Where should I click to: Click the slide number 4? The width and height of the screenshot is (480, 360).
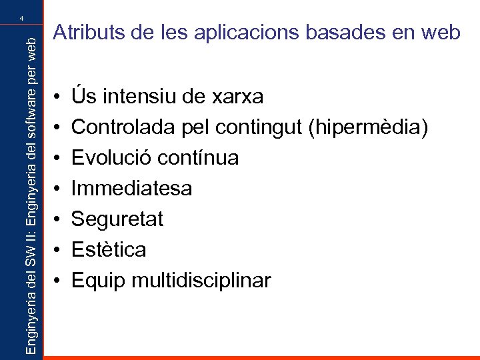click(22, 18)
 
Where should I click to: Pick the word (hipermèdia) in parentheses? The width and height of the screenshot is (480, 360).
click(367, 128)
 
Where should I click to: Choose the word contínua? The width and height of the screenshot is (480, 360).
click(197, 158)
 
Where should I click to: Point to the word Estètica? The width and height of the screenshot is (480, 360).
click(109, 250)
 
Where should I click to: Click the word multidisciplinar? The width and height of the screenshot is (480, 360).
click(202, 281)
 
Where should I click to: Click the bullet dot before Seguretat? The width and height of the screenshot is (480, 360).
click(58, 219)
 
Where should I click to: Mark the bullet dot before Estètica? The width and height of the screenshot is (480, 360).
click(58, 250)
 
